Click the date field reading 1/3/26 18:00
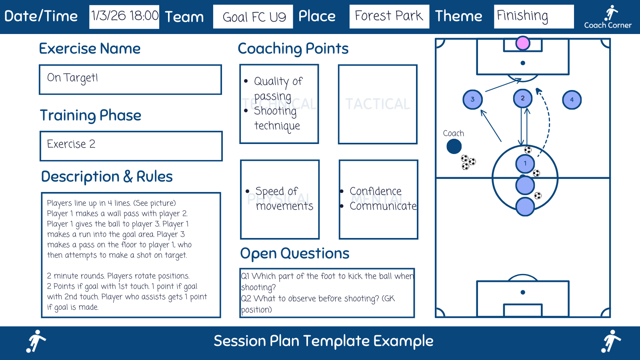[x=124, y=17]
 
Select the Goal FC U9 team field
[x=253, y=17]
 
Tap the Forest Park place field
[x=389, y=16]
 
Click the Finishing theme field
[x=533, y=16]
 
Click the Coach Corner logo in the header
[x=608, y=17]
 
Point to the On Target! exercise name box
[x=130, y=79]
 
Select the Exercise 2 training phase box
[x=131, y=146]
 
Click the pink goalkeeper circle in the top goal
[x=523, y=43]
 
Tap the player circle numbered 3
[x=472, y=100]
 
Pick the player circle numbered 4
[x=572, y=100]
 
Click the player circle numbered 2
[x=522, y=98]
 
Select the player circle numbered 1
[x=525, y=164]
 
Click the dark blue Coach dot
[x=454, y=146]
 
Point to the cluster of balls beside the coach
[x=468, y=162]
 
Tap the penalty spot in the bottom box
[x=522, y=292]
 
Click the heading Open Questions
[x=295, y=254]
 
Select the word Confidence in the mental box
[x=375, y=191]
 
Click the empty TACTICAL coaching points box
[x=378, y=104]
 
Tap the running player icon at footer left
[x=36, y=341]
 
